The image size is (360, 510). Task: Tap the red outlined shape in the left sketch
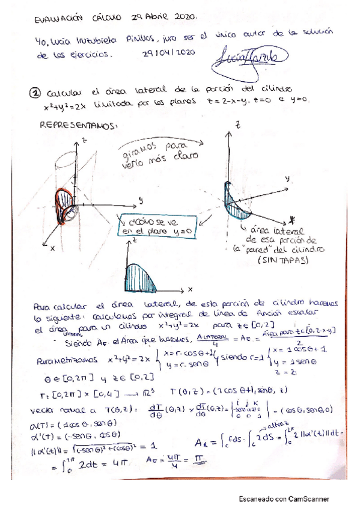point(63,207)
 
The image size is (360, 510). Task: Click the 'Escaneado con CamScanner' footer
point(285,499)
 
